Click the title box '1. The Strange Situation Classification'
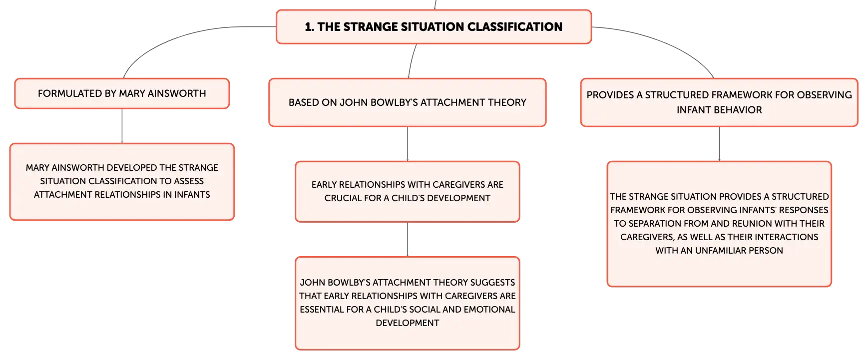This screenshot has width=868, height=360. pos(434,27)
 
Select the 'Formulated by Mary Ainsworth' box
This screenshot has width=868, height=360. pos(122,93)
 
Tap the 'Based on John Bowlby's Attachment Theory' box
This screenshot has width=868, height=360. pos(408,102)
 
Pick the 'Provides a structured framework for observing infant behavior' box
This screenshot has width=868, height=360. pos(719,102)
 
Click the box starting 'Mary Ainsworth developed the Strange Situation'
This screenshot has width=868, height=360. pos(122,182)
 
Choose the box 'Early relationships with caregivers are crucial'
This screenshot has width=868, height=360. pos(408,192)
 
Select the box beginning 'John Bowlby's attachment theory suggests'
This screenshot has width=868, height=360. pos(408,303)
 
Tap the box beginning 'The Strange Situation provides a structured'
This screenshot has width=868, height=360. pos(719,224)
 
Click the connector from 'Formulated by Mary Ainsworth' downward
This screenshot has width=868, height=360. pos(122,126)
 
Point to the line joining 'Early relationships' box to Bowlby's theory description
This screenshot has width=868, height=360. pos(408,240)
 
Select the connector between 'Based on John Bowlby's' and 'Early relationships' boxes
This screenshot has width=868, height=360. pos(408,144)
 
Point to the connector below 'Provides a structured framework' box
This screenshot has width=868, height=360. pos(719,144)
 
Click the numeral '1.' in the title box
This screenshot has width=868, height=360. pos(310,27)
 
